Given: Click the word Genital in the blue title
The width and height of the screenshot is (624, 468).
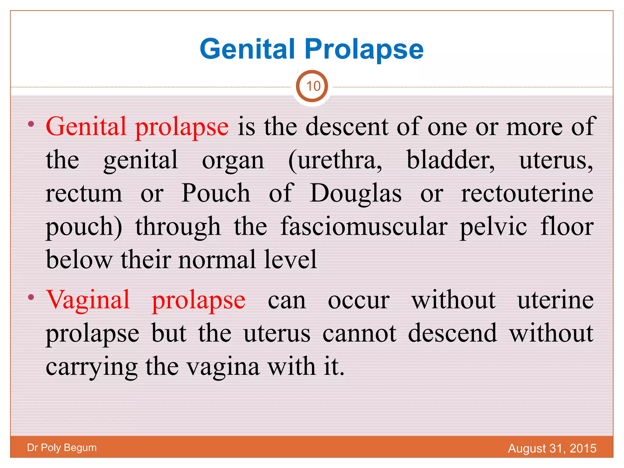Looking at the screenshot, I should [x=247, y=49].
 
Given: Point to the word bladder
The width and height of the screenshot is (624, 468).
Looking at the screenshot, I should [x=450, y=160].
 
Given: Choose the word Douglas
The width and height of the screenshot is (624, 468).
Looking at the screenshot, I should [x=356, y=194].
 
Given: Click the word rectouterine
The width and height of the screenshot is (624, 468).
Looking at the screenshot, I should [x=527, y=194].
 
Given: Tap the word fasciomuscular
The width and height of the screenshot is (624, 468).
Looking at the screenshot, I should [x=364, y=227].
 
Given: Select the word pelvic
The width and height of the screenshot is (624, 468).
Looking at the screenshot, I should [x=493, y=227].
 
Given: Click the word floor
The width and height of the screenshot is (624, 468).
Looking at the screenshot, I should [x=567, y=227].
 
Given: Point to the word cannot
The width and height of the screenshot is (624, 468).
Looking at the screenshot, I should [x=360, y=333].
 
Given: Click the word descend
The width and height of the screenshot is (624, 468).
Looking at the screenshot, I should [x=452, y=333].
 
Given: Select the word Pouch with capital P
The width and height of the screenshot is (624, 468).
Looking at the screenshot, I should [x=216, y=194].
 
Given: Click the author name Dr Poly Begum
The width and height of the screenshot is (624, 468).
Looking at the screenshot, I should [x=62, y=448].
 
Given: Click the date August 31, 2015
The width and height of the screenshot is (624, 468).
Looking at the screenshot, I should [x=552, y=448].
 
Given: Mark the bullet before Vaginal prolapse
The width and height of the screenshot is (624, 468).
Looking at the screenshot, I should [x=31, y=297].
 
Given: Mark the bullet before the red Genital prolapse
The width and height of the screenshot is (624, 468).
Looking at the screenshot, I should [x=31, y=124].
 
